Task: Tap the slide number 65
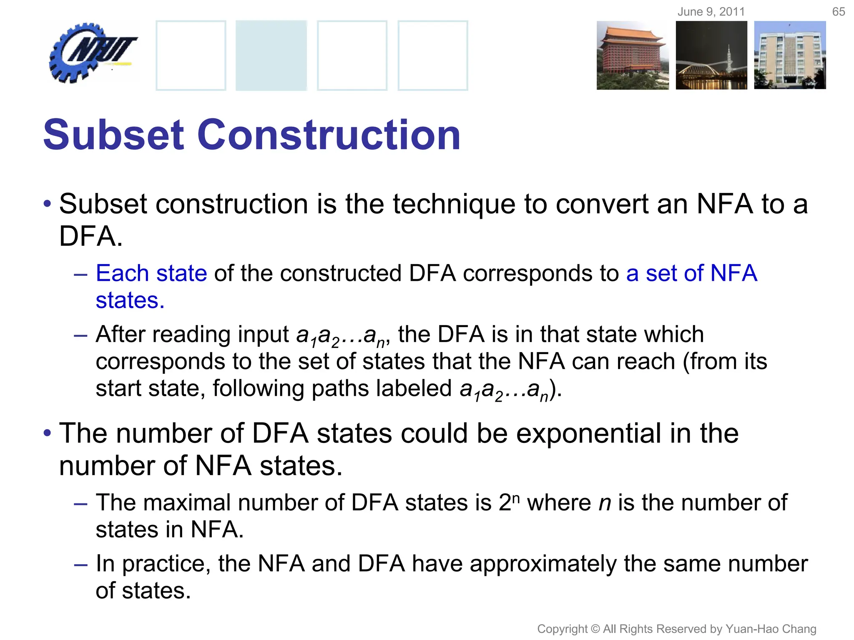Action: pos(838,12)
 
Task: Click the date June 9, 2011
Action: pos(711,12)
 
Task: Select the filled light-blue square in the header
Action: pos(271,55)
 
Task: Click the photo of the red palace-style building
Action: pos(632,55)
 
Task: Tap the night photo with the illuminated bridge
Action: pos(711,55)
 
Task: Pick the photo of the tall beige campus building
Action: pos(790,55)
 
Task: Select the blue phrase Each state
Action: pos(151,273)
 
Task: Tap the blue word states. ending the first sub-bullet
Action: pos(130,300)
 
